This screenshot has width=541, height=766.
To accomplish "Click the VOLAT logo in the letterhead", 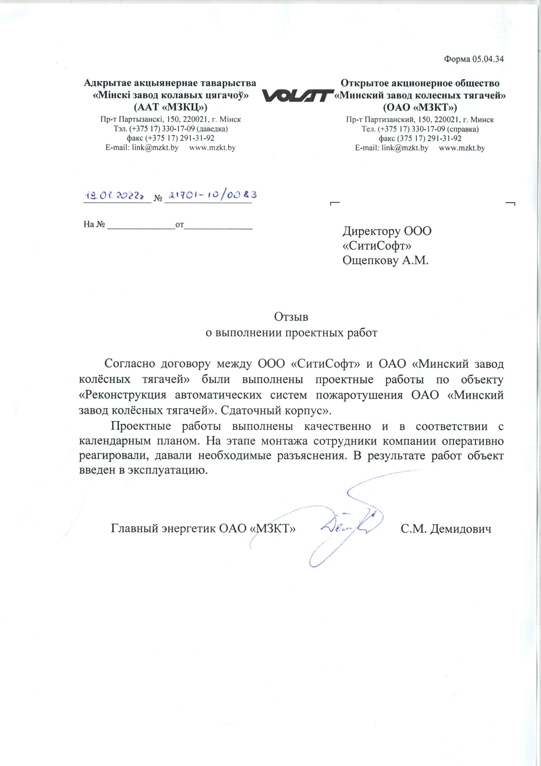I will click(x=298, y=96).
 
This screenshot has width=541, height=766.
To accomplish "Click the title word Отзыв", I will click(x=291, y=317).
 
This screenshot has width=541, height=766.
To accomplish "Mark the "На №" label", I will click(x=94, y=224).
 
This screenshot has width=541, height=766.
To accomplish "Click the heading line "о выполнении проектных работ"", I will click(x=291, y=333).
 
